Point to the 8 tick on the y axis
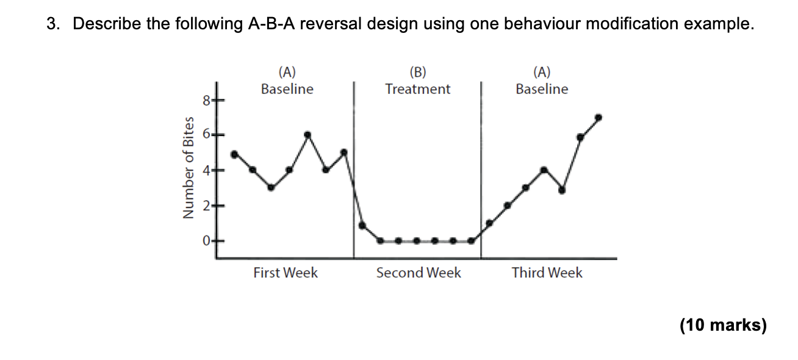coord(207,99)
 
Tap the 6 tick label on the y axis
coord(207,134)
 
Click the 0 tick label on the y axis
coord(207,241)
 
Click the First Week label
coord(286,273)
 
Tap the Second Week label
coord(419,273)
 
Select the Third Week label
coord(547,273)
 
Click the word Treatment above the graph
coord(418,89)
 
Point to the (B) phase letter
coord(418,72)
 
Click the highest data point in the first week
coord(307,135)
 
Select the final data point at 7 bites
coord(598,117)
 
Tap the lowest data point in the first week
coord(271,188)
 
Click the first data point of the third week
coord(489,223)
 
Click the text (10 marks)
coord(723,325)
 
